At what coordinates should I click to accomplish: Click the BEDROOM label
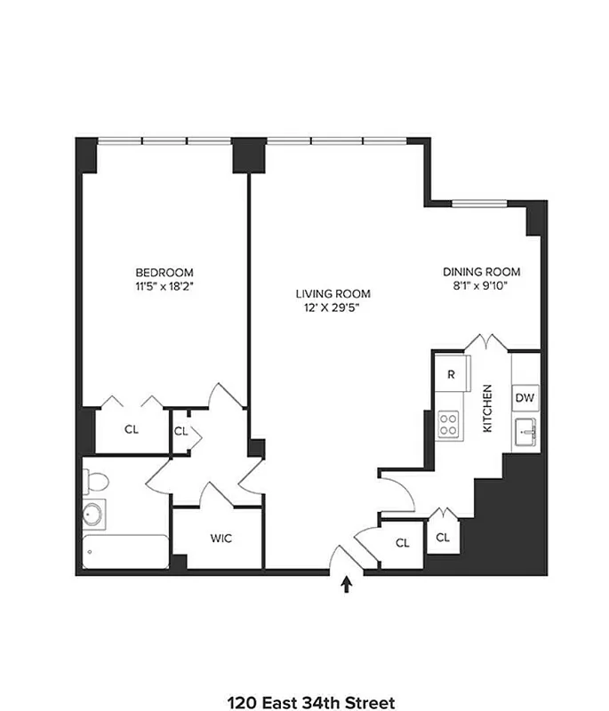[x=164, y=272]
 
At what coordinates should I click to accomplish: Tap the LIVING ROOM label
[x=333, y=293]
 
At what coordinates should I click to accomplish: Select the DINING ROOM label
[x=481, y=272]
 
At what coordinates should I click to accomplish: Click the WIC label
[x=221, y=539]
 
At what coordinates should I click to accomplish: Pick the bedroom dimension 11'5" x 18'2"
[x=164, y=287]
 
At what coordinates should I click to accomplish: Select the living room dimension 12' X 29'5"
[x=333, y=308]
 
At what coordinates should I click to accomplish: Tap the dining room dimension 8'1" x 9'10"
[x=481, y=286]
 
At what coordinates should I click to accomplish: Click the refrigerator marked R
[x=451, y=374]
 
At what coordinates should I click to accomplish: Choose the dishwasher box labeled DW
[x=525, y=397]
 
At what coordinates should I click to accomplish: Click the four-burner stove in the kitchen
[x=450, y=424]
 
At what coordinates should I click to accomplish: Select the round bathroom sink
[x=92, y=515]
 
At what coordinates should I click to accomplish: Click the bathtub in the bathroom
[x=125, y=551]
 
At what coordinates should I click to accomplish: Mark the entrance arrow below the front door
[x=347, y=584]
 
